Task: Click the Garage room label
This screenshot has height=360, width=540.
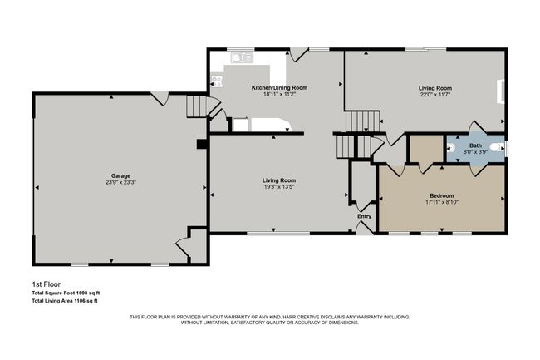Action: click(121, 175)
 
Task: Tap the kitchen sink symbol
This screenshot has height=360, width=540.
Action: click(242, 57)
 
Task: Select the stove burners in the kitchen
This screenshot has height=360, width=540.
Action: click(217, 81)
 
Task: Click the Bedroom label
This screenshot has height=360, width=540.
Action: click(441, 195)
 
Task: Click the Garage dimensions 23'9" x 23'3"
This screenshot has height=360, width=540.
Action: click(121, 183)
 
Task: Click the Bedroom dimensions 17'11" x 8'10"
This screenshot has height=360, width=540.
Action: click(441, 201)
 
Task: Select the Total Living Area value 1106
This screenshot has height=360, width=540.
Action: click(80, 300)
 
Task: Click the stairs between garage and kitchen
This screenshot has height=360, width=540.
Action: click(195, 106)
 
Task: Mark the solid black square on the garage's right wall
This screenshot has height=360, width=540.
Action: click(201, 144)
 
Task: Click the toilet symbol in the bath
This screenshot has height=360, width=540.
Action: click(498, 147)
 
